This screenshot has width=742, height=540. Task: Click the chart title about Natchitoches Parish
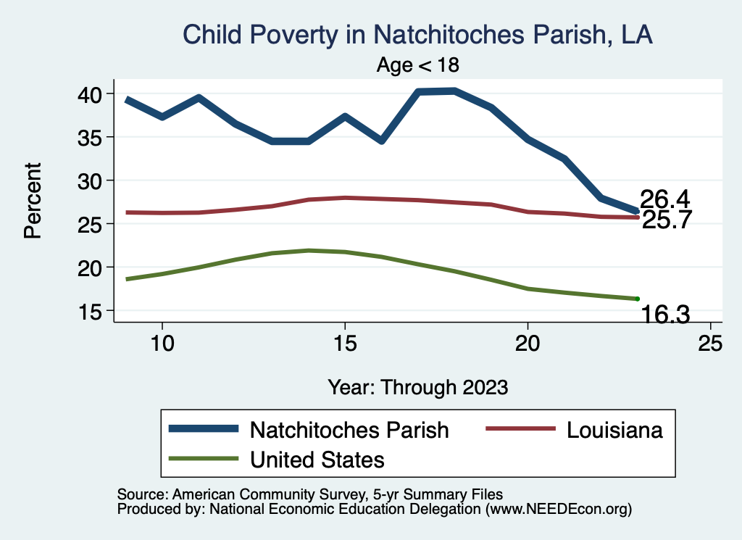417,34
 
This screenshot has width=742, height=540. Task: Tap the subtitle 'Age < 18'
417,65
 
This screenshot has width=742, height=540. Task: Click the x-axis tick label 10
162,344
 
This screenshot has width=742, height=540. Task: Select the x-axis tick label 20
528,344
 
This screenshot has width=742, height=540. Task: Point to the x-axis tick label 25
710,344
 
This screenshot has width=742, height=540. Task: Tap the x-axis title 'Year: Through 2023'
417,386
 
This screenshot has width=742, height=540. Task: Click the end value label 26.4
664,199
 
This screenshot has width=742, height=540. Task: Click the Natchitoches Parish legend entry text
349,430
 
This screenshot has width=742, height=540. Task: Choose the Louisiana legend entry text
614,430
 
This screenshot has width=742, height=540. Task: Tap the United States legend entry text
317,459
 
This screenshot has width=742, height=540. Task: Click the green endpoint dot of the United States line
637,299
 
